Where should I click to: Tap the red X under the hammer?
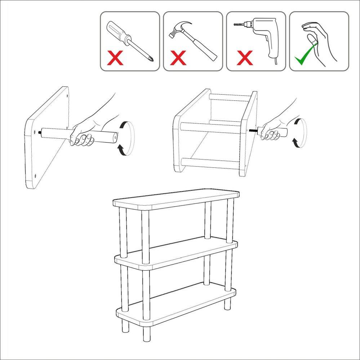(178, 58)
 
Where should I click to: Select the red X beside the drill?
(245, 58)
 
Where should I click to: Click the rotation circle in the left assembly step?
(126, 138)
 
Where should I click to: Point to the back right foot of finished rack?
(228, 304)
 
